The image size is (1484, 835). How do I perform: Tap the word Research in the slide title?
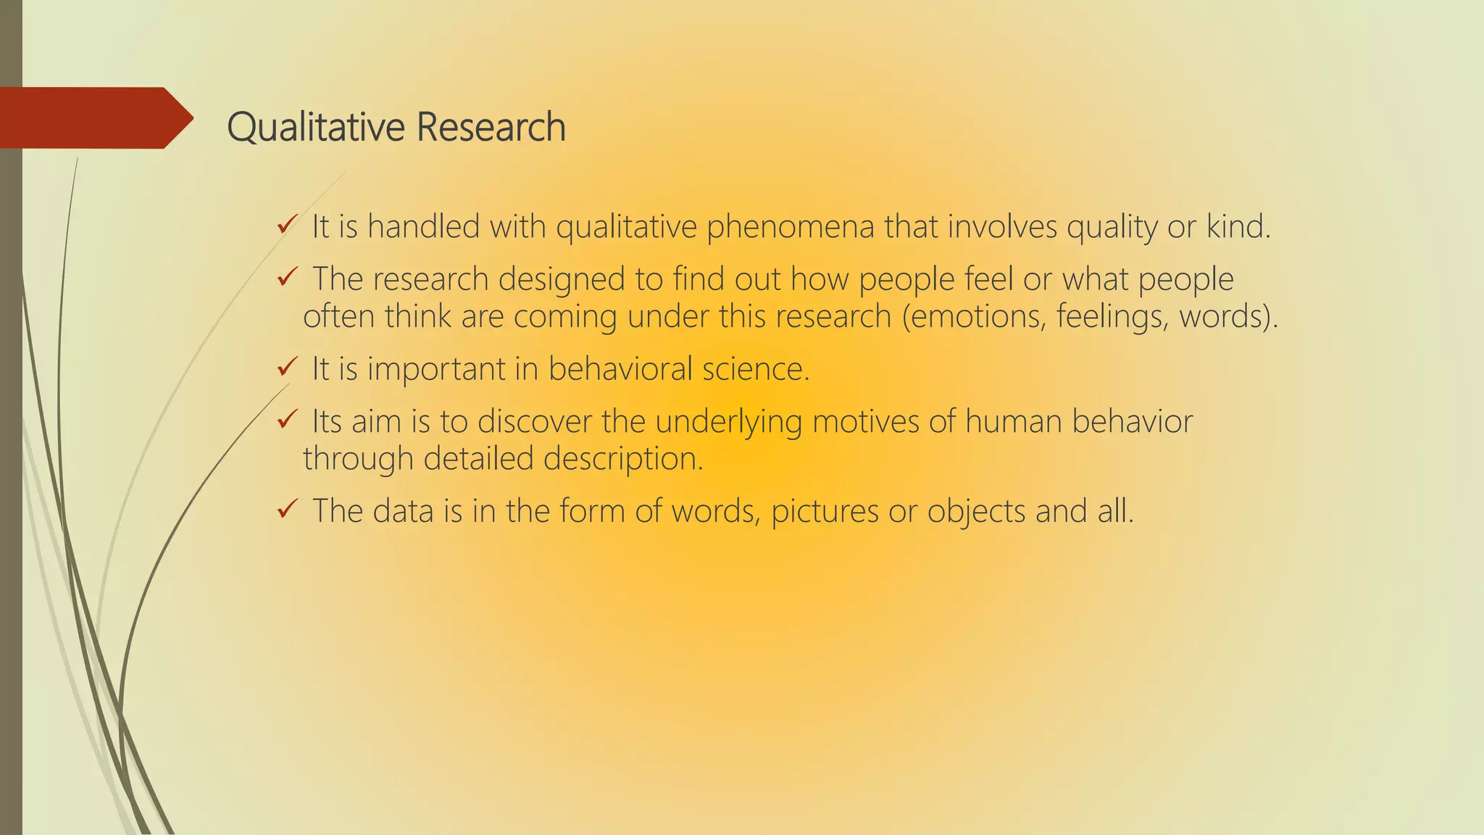pos(491,128)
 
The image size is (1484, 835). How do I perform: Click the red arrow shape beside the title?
pos(94,118)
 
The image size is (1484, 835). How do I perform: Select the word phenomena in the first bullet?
pos(790,228)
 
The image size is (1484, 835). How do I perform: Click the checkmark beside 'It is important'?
pos(287,367)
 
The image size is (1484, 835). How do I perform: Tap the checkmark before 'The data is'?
pos(287,510)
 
